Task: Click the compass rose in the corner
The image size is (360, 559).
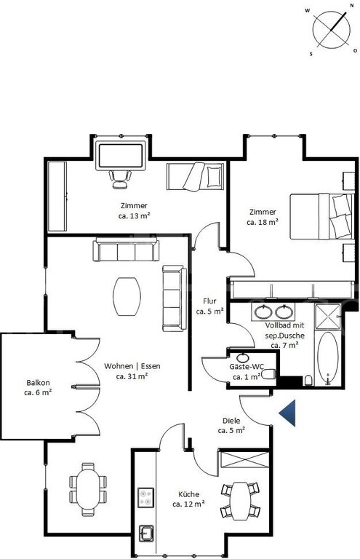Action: (x=331, y=30)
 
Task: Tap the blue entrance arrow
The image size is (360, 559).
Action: (x=289, y=413)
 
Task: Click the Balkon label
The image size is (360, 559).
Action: (x=38, y=383)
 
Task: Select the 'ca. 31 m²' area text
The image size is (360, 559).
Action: (x=132, y=376)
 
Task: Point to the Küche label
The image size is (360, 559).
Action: (x=188, y=494)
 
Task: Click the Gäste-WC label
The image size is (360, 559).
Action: (x=247, y=367)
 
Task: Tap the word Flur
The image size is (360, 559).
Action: (x=209, y=301)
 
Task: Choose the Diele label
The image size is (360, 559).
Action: (x=231, y=421)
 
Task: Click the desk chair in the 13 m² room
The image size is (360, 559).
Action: (x=120, y=179)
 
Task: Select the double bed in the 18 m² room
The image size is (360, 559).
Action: (x=322, y=216)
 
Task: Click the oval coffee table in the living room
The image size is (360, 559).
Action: (x=127, y=297)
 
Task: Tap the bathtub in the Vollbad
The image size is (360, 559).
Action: (x=327, y=359)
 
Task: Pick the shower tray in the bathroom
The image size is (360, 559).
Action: (x=327, y=316)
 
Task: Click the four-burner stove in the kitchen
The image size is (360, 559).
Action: (x=145, y=497)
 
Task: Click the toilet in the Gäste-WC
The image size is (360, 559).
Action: (x=268, y=374)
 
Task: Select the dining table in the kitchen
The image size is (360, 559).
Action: (x=239, y=501)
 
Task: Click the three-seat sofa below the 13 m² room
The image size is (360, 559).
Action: (x=126, y=250)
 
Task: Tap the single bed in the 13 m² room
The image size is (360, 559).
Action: (x=195, y=175)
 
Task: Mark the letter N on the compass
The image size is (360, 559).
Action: (x=351, y=5)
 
